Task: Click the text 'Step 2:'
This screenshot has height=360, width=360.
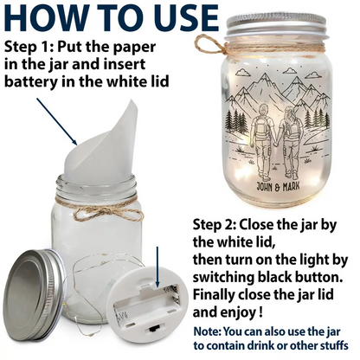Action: point(214,224)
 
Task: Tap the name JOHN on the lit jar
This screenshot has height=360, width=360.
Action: point(265,187)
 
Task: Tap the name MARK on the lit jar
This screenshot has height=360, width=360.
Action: point(291,186)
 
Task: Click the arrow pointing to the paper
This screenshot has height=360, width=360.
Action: point(57,121)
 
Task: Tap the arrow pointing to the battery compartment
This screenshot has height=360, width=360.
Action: point(157,267)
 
